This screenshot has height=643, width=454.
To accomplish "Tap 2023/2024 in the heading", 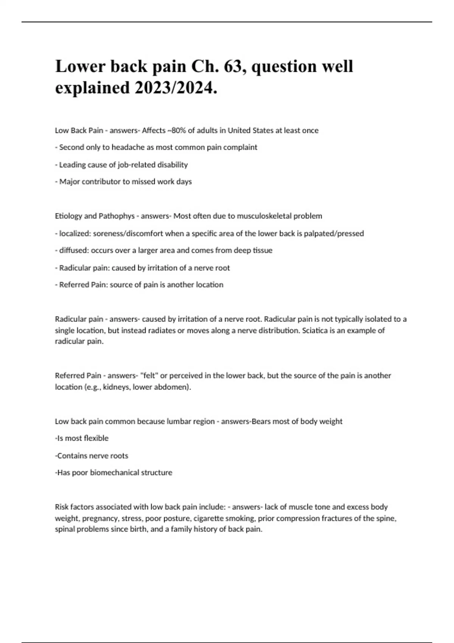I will point(176,88).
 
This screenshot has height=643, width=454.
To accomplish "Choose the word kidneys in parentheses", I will point(116,387).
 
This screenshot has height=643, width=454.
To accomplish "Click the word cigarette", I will point(208,518).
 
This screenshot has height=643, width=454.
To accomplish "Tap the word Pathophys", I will point(117,216).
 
